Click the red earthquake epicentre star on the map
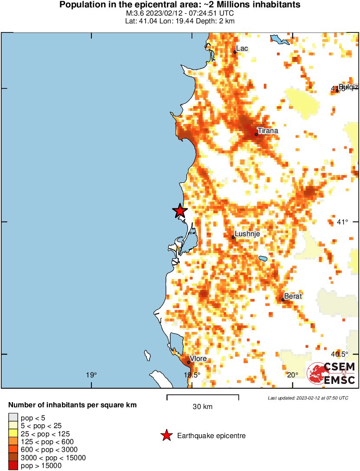coord(180,211)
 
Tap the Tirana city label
coord(268,130)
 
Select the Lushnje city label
coord(247,234)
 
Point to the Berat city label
coord(293,296)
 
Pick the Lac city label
coord(242,49)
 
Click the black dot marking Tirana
coord(256,134)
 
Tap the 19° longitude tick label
coord(91,375)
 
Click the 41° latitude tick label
coord(342,222)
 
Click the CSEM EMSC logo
coord(331,374)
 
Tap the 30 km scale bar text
coord(202,406)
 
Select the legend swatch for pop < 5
coord(13,418)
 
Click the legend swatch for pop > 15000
coord(13,466)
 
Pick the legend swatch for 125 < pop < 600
coord(13,442)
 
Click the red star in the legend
coord(166,435)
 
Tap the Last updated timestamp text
coord(308,398)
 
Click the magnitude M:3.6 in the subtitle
coord(133,13)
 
